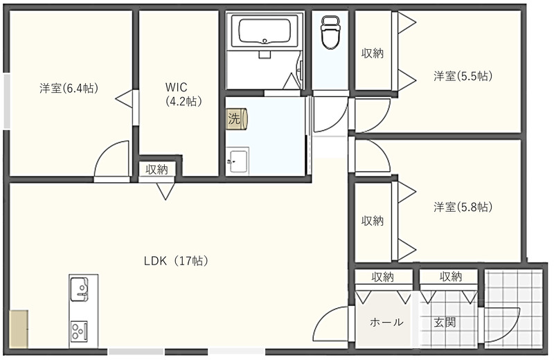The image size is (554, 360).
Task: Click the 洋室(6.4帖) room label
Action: click(67, 88)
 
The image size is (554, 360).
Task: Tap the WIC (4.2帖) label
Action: click(183, 94)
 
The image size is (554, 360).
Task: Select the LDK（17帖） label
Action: click(176, 261)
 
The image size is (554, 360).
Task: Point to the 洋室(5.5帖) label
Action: click(463, 75)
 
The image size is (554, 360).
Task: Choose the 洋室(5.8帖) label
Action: click(463, 206)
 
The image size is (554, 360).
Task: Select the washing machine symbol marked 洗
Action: click(236, 118)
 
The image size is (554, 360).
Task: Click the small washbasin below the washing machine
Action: click(237, 161)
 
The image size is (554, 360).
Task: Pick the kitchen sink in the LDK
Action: click(82, 289)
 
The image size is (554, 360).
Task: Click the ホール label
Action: click(386, 323)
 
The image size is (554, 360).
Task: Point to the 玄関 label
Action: click(445, 323)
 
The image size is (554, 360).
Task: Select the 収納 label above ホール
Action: click(382, 277)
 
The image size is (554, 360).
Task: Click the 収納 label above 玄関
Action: click(450, 277)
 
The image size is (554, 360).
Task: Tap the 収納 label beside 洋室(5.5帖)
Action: click(372, 53)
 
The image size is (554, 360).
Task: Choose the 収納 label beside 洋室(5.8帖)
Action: click(372, 221)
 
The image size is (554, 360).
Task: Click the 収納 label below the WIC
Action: click(157, 169)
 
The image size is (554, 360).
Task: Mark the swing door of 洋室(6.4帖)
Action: click(111, 161)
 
